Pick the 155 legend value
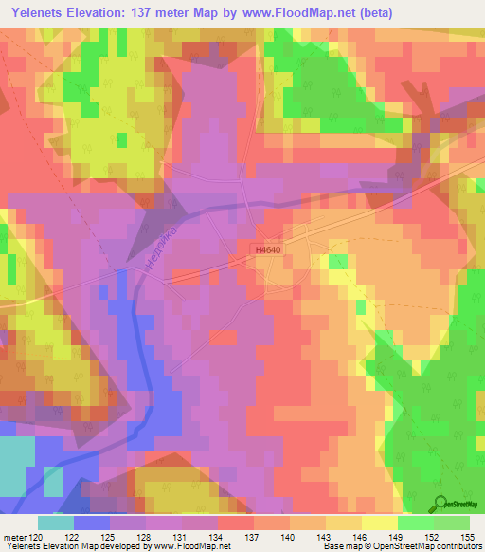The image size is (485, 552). pyautogui.click(x=467, y=537)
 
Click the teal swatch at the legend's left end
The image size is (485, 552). pyautogui.click(x=56, y=523)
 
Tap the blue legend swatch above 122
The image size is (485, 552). pyautogui.click(x=92, y=523)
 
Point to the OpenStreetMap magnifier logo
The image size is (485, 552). pyautogui.click(x=440, y=505)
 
